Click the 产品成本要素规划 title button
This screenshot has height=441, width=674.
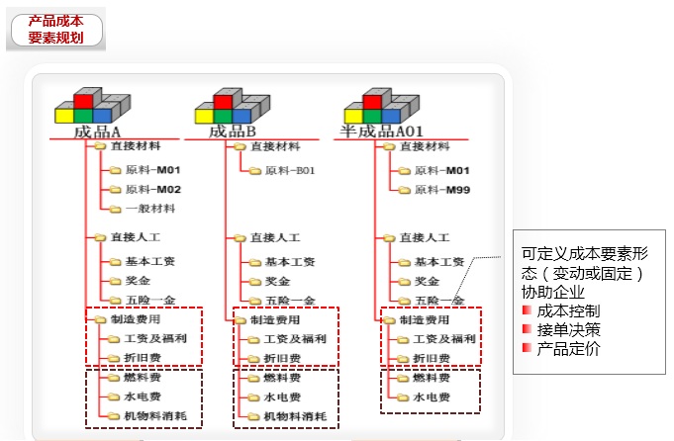[56, 30]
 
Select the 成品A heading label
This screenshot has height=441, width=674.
[97, 132]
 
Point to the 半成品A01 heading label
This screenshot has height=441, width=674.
[382, 132]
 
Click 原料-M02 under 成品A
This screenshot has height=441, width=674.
[152, 189]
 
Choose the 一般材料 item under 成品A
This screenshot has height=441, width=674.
[150, 209]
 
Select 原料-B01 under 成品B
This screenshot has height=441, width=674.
[289, 170]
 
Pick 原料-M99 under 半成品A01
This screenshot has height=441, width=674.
[441, 189]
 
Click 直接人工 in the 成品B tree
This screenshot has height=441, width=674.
[274, 238]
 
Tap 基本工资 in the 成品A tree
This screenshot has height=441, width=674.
[150, 262]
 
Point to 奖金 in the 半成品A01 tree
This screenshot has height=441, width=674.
[427, 281]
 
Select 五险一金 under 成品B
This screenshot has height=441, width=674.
[289, 300]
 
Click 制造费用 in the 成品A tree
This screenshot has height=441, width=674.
[136, 319]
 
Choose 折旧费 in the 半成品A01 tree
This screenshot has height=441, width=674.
[432, 358]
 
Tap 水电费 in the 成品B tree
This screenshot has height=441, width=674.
[282, 397]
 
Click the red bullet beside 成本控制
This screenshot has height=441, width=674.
[527, 311]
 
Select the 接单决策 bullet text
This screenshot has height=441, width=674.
[567, 329]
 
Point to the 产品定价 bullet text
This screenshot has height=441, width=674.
[567, 348]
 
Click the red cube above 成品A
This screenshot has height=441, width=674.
[84, 100]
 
